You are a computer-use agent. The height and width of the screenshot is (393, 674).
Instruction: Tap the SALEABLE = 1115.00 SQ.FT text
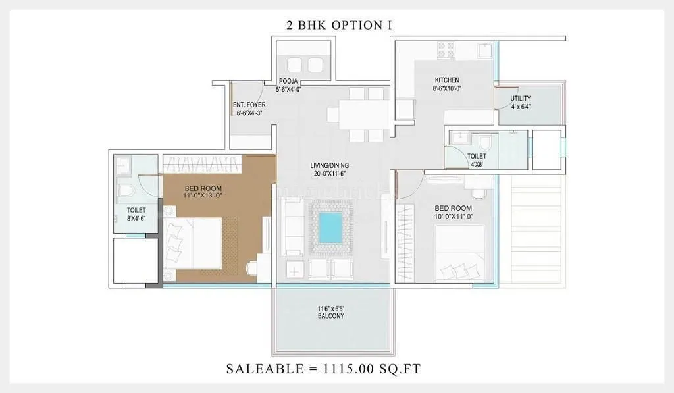323,369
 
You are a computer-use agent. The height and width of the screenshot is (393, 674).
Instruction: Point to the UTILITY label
520,99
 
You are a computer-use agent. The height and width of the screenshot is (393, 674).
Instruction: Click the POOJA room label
288,81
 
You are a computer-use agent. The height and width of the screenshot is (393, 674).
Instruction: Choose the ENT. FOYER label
248,105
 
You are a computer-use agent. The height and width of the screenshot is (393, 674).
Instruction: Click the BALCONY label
329,316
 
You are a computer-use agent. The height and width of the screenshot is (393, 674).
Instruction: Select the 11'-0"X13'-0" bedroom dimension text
203,196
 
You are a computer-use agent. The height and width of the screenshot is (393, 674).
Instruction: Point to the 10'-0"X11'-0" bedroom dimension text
453,217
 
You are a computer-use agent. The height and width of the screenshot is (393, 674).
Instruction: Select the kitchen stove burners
446,49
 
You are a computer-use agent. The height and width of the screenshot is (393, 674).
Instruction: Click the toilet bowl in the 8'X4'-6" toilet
127,192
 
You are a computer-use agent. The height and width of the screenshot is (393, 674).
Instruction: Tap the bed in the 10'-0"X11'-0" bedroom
460,254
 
